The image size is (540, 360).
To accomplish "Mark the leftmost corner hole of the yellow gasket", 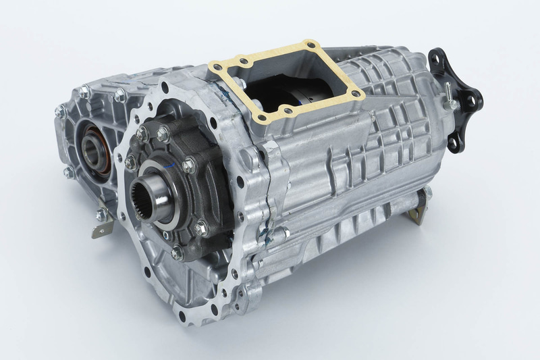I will (x=215, y=68).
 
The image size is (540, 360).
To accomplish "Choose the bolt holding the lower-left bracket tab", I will (x=101, y=215).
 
